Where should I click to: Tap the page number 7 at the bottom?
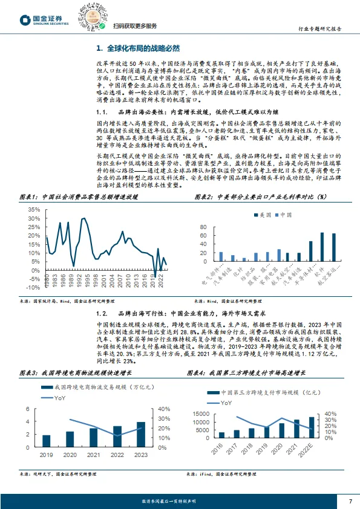pyautogui.click(x=350, y=501)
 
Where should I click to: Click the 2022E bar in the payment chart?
pyautogui.click(x=312, y=426)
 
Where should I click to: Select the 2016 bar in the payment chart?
pyautogui.click(x=221, y=434)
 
